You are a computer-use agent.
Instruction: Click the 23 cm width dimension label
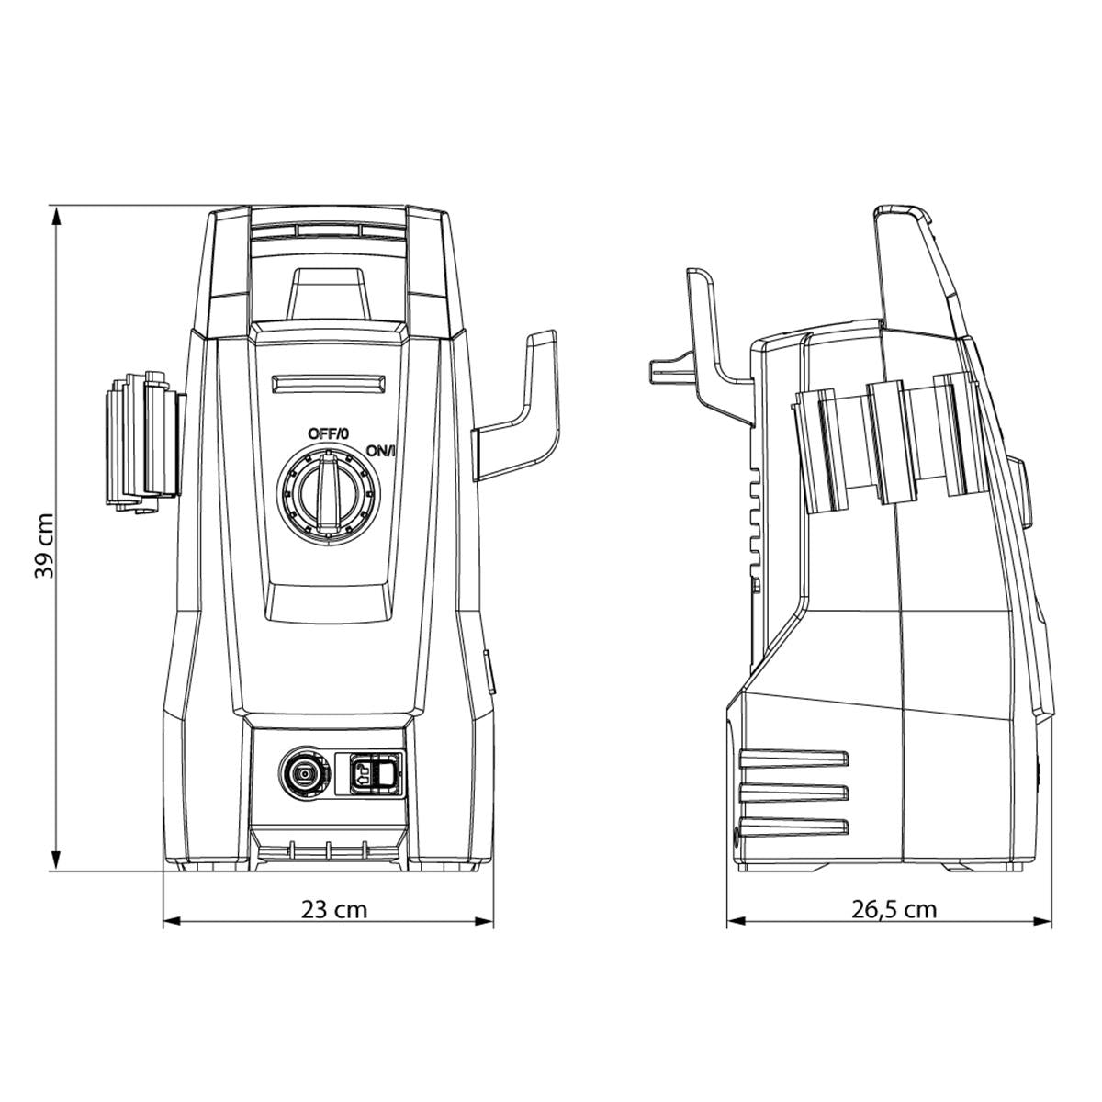334,909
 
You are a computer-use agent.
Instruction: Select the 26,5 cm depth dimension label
894,909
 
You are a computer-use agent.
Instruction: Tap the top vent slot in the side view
793,759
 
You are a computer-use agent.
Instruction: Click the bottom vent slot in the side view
793,826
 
